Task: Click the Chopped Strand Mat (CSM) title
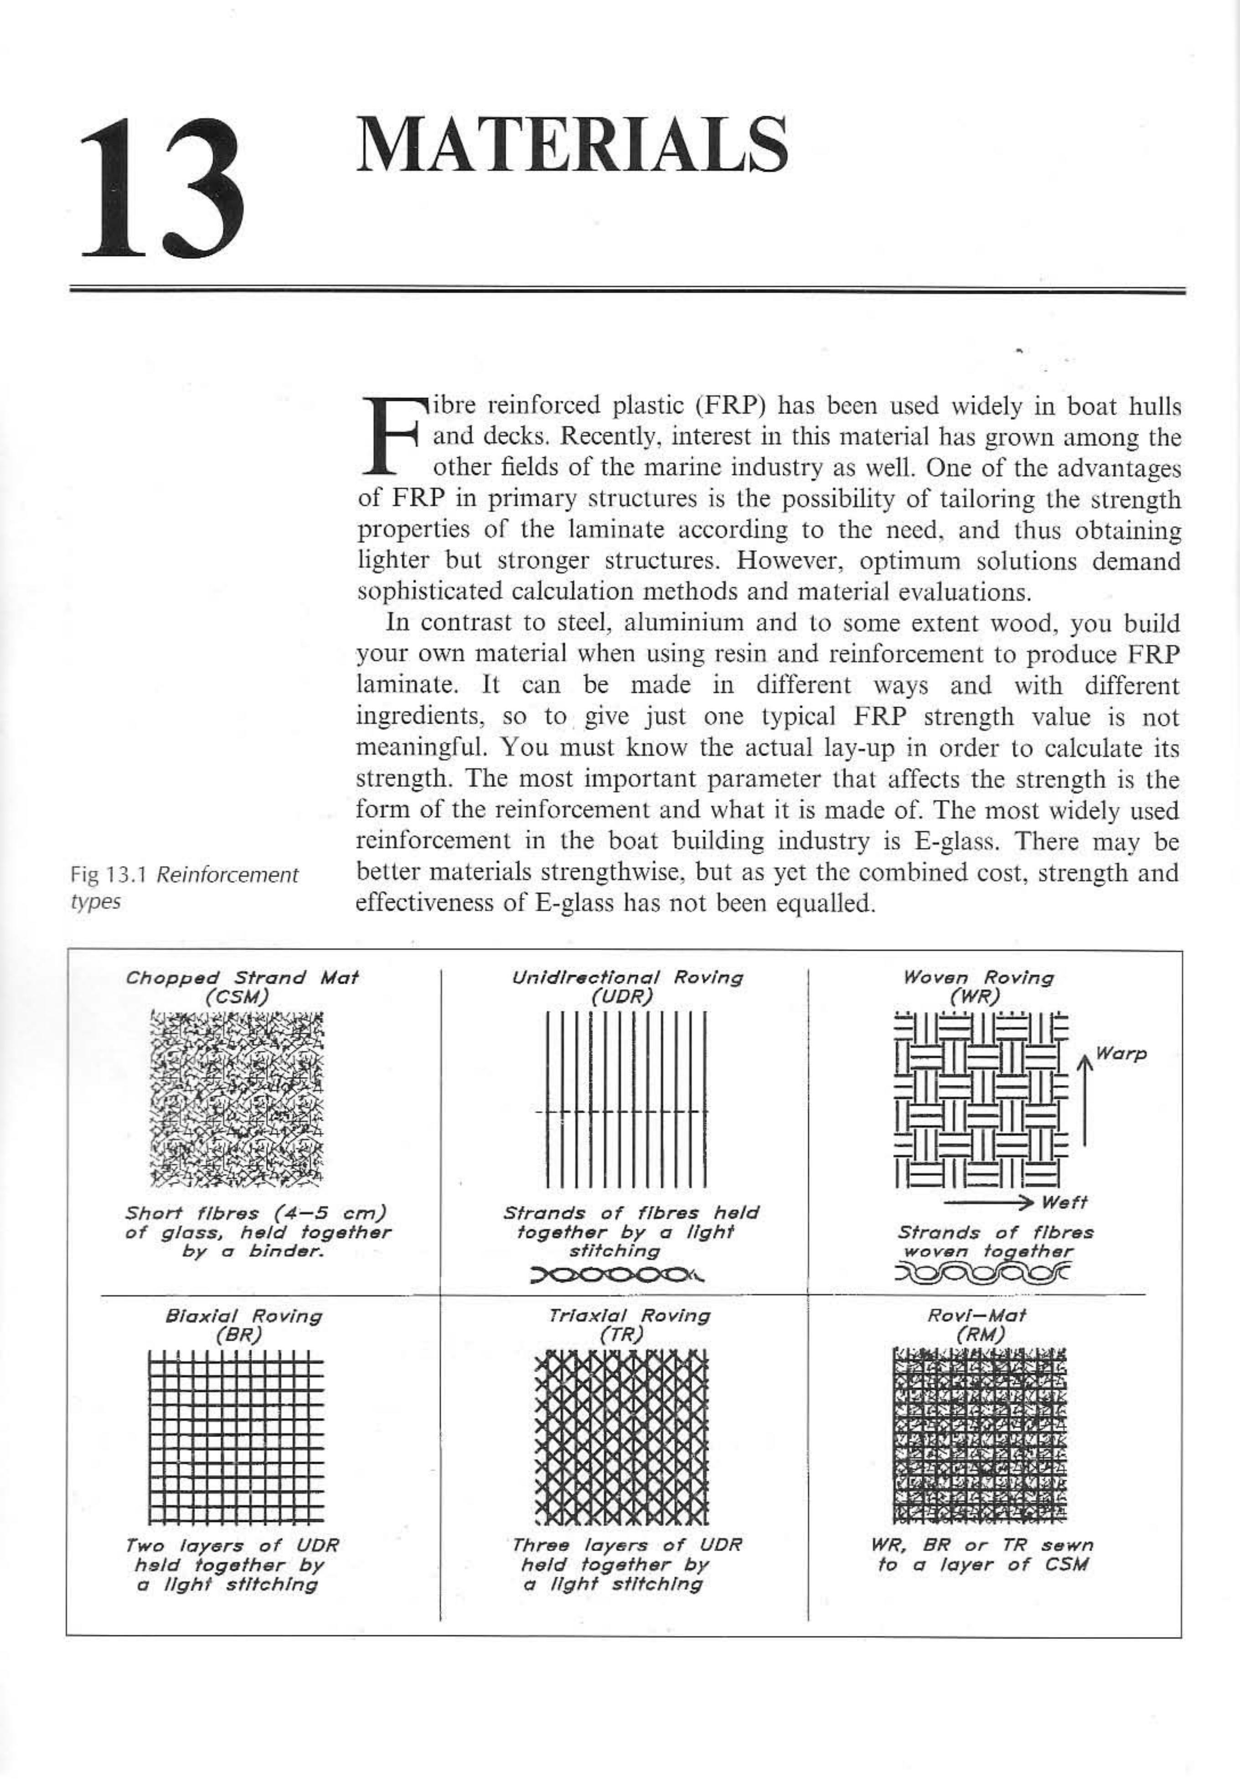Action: point(242,987)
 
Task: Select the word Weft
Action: point(1065,1202)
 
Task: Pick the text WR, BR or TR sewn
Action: point(982,1544)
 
